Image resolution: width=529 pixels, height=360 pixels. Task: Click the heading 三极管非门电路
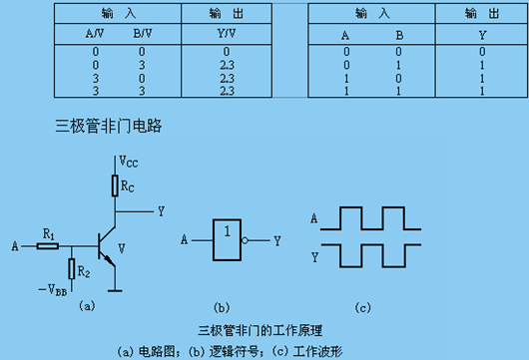(110, 127)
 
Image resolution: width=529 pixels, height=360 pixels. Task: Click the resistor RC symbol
(115, 185)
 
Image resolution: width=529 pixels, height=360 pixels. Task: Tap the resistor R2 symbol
(72, 266)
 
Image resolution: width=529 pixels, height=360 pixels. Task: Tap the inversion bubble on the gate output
(258, 240)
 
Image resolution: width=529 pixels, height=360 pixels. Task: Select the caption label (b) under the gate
(223, 306)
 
